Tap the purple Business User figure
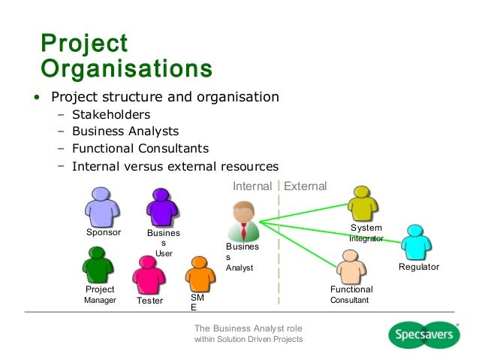pyautogui.click(x=161, y=207)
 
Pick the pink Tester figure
pyautogui.click(x=148, y=274)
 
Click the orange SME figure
pyautogui.click(x=198, y=274)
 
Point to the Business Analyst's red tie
pyautogui.click(x=243, y=226)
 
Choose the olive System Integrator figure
pyautogui.click(x=363, y=204)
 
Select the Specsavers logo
pyautogui.click(x=425, y=334)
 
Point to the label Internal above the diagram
pyautogui.click(x=252, y=186)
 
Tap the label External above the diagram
pyautogui.click(x=306, y=186)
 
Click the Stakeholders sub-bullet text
pyautogui.click(x=111, y=115)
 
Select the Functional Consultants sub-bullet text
pyautogui.click(x=140, y=148)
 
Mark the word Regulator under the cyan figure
pyautogui.click(x=418, y=268)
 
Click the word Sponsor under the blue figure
pyautogui.click(x=104, y=232)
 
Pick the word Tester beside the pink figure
pyautogui.click(x=149, y=301)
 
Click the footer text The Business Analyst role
pyautogui.click(x=248, y=328)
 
